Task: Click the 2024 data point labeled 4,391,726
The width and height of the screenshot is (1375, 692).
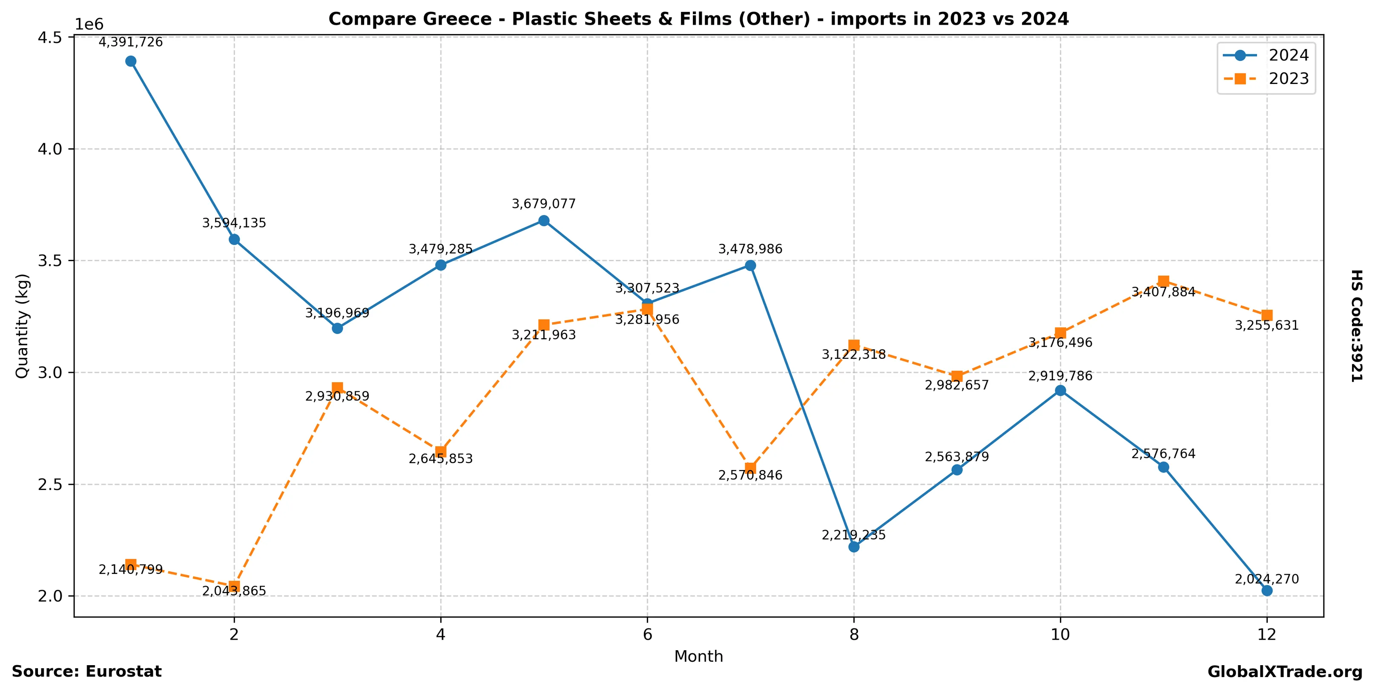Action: (131, 61)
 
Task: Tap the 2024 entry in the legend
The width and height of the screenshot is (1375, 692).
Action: (1289, 55)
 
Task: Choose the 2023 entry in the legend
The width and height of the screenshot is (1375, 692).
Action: (1289, 79)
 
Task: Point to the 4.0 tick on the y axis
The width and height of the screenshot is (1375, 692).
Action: (50, 150)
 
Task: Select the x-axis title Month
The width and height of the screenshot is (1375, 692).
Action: (698, 657)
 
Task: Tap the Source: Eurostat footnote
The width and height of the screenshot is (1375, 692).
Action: (86, 672)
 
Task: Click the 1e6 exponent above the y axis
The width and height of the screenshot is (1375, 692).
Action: (89, 25)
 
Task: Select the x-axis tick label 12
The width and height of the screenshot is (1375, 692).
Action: (1267, 635)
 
